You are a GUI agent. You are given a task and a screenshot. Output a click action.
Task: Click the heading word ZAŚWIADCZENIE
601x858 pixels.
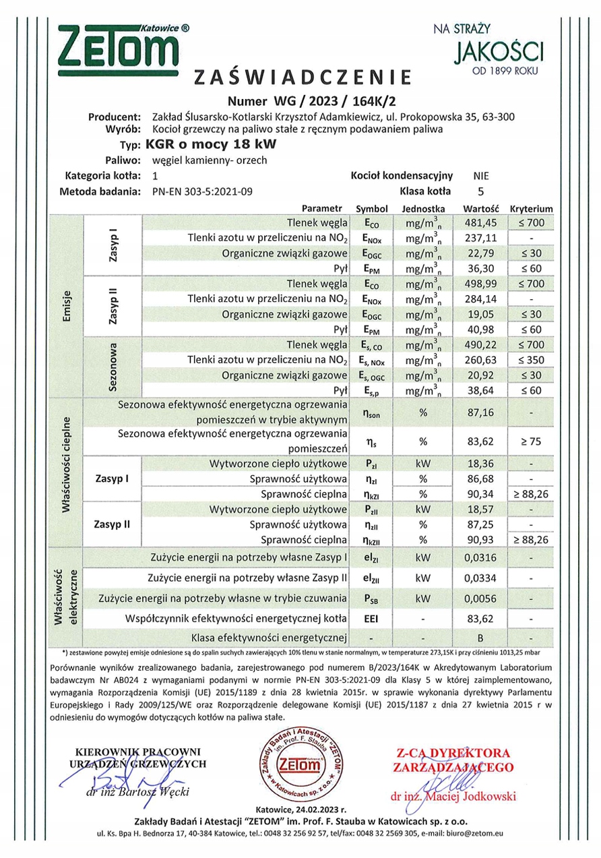302,78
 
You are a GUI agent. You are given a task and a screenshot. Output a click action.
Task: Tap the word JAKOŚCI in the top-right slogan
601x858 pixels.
499,51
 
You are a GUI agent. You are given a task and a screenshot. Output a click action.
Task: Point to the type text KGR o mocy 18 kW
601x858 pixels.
210,144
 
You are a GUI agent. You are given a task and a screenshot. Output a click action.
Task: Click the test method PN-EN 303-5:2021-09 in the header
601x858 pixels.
203,191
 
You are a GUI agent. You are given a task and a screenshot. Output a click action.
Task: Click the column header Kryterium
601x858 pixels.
531,209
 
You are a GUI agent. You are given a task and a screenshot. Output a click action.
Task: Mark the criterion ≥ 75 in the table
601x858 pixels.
531,441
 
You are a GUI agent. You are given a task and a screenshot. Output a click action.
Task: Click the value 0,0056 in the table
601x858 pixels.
481,598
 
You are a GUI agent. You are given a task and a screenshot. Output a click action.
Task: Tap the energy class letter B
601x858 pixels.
480,637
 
